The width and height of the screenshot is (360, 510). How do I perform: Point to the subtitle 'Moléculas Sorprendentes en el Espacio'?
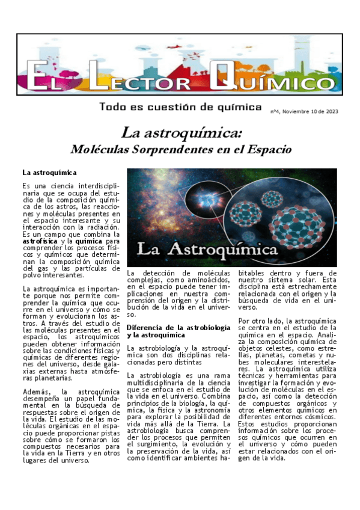181,149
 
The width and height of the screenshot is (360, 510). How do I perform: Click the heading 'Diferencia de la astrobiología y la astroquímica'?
178,331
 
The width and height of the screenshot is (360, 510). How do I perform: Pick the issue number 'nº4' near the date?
275,111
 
